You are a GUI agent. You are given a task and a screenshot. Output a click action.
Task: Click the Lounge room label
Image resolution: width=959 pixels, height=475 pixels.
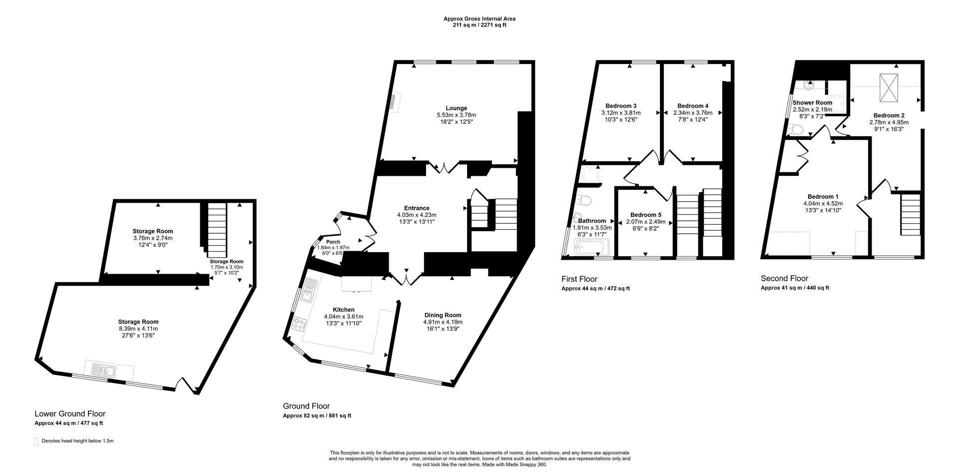pos(456,108)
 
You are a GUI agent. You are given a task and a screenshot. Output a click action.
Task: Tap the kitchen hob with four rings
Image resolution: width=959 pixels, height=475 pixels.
pos(300,324)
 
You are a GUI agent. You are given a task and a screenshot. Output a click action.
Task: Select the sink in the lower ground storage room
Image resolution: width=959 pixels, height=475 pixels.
pos(103,371)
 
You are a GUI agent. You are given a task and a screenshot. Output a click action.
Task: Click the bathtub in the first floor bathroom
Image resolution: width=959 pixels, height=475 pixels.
pos(592,247)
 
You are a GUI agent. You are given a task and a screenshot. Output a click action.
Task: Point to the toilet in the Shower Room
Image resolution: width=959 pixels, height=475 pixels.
pos(795,130)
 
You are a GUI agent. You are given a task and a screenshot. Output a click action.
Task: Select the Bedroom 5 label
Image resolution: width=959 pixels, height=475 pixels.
pos(645,215)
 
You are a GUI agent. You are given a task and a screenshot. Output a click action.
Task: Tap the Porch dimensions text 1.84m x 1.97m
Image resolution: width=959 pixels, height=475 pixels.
pos(333,248)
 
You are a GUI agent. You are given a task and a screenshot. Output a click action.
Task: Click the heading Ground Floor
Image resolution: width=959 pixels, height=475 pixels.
pos(306,406)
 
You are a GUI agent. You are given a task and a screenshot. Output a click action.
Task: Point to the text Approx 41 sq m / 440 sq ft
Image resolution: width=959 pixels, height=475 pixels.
pos(795,288)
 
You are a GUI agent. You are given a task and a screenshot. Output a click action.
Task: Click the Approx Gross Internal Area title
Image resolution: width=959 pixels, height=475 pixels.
pos(479,19)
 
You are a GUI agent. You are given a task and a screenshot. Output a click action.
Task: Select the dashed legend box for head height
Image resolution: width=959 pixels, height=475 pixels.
pos(36,442)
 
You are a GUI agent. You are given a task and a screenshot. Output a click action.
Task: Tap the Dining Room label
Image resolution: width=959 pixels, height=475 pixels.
pos(443,315)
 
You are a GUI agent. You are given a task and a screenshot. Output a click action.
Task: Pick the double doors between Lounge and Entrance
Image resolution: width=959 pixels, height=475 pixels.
pos(442,168)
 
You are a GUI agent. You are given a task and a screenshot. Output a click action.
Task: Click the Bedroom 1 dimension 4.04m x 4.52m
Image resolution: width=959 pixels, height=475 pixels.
pos(823,203)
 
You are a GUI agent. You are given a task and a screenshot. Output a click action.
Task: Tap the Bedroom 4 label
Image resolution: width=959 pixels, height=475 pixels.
pos(692,106)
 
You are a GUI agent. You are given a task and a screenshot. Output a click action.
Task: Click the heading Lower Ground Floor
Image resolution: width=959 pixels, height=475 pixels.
pos(70,414)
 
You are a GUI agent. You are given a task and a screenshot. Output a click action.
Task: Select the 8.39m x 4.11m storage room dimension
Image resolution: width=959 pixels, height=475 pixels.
pos(138,329)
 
